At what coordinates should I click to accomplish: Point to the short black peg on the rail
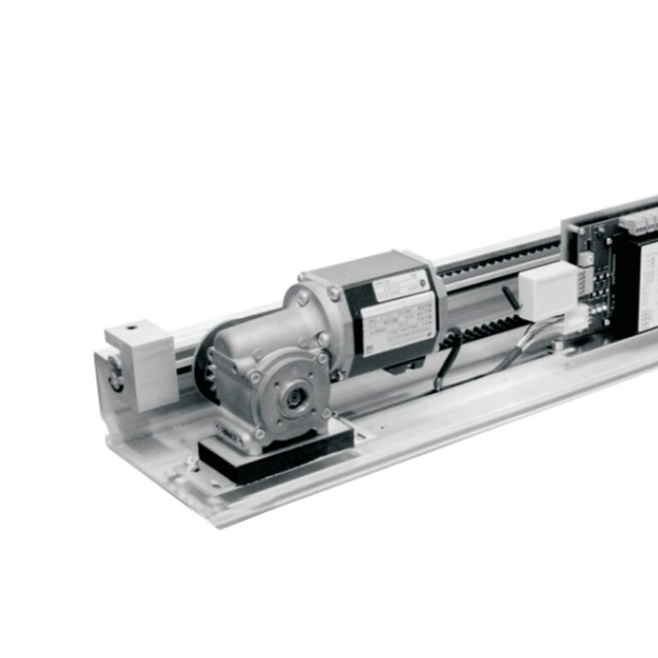(x=510, y=296)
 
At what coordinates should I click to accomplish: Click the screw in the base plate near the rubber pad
(x=190, y=462)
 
